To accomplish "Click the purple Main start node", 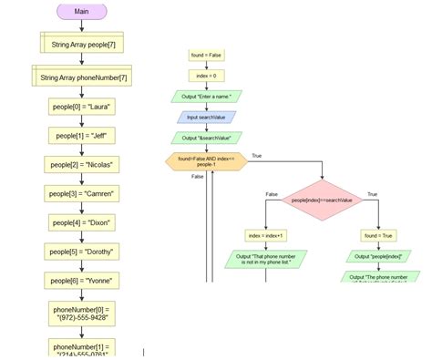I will [82, 12].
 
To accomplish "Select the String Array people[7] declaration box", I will [82, 42].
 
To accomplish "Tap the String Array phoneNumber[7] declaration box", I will [83, 77].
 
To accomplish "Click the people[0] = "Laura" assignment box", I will [82, 107].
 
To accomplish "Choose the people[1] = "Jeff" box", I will [82, 136].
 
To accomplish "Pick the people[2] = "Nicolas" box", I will [82, 165].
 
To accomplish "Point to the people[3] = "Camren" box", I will [82, 194].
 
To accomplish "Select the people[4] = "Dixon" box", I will [82, 223].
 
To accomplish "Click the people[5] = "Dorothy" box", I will [82, 252].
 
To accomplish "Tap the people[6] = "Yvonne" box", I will [82, 281].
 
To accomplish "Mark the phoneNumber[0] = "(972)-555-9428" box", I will [82, 314].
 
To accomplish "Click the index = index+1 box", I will [266, 235].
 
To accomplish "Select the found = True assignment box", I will [377, 235].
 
